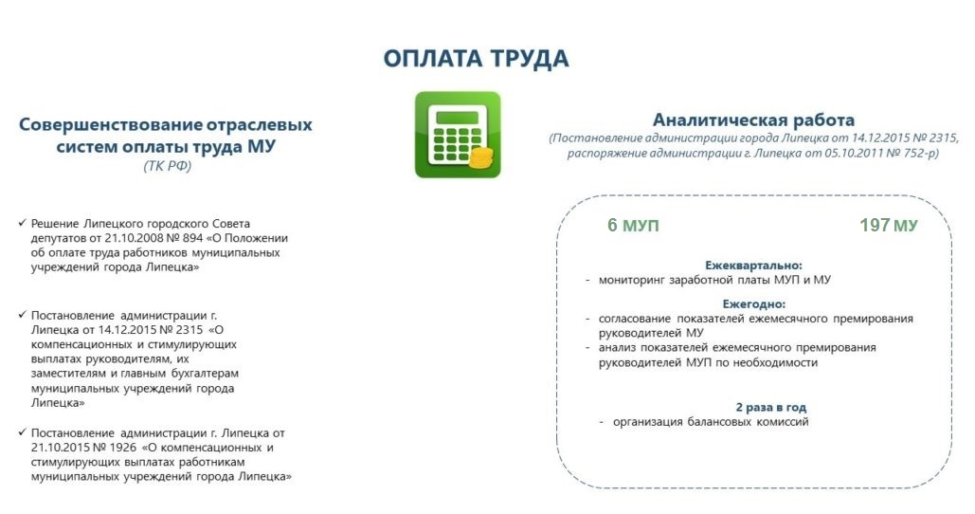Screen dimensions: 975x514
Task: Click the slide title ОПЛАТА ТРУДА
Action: click(476, 59)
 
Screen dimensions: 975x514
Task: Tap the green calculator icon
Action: click(458, 135)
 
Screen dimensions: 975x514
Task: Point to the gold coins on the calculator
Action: click(480, 157)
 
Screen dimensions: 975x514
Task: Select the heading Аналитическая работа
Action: click(753, 119)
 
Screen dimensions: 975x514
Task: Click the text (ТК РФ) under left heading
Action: click(168, 166)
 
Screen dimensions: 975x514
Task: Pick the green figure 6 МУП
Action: click(633, 225)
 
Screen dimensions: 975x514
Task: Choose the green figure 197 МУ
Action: click(889, 225)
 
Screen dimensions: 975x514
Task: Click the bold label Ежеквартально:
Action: click(753, 266)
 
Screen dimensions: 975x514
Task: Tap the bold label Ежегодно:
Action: click(753, 304)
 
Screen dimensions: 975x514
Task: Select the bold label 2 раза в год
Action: click(771, 407)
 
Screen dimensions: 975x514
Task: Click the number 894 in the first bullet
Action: click(192, 238)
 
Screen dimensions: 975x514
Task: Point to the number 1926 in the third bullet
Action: click(122, 448)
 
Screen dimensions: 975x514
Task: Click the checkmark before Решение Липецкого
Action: click(23, 223)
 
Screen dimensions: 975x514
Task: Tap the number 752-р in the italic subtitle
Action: click(922, 153)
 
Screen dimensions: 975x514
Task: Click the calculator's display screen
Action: click(457, 117)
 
